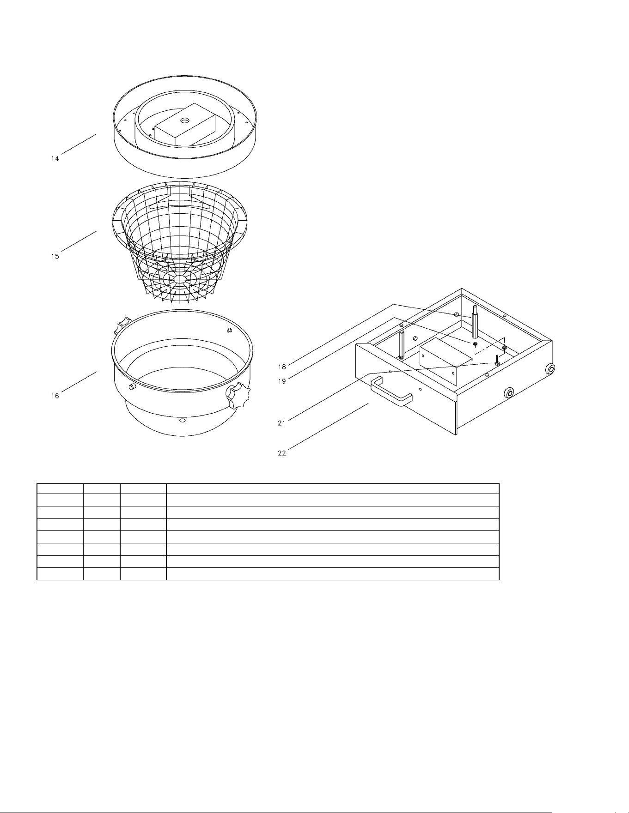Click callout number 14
(x=55, y=159)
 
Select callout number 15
(x=55, y=256)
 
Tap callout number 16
(x=55, y=396)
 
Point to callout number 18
(x=282, y=367)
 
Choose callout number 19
(x=282, y=381)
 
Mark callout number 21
(x=282, y=423)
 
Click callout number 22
(x=282, y=453)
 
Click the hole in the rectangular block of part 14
(x=185, y=120)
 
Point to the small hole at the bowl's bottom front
(x=182, y=421)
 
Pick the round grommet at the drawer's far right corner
(x=550, y=369)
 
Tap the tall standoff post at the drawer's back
(x=474, y=322)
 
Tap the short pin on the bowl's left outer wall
(x=132, y=386)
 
